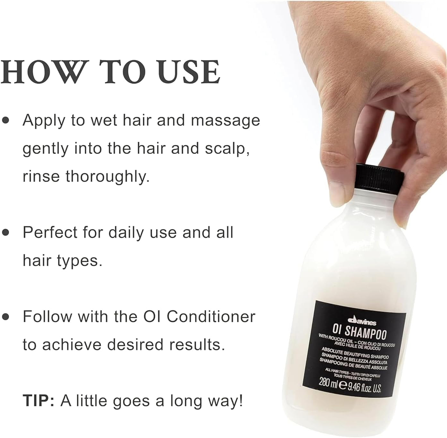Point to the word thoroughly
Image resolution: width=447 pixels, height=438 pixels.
click(107, 177)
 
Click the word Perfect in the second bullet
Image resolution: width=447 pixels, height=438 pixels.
click(50, 232)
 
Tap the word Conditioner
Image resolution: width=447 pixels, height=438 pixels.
click(211, 317)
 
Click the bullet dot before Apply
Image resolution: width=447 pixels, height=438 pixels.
click(5, 121)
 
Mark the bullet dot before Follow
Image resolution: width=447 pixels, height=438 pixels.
click(5, 317)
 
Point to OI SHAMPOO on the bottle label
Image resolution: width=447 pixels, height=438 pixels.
click(359, 332)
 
